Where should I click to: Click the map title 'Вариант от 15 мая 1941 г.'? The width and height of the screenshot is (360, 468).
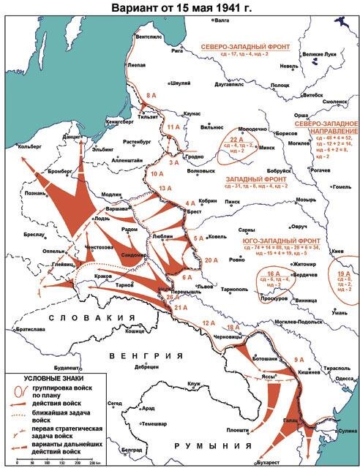pos(180,7)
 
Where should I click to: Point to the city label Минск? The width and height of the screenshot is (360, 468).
pos(267,147)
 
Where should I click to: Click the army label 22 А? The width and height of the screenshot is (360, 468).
pos(236,139)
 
